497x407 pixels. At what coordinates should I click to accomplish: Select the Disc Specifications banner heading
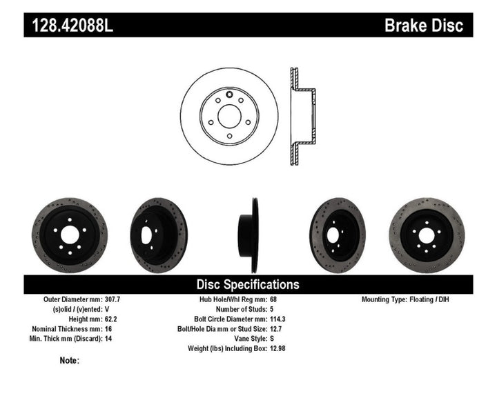(248, 284)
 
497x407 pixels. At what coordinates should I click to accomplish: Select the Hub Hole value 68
(273, 300)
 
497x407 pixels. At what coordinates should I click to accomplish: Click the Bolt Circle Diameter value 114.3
(278, 319)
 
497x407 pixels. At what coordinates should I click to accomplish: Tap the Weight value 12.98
(278, 348)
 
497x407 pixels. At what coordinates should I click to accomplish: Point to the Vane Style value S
(271, 339)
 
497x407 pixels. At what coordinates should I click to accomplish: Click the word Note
(69, 360)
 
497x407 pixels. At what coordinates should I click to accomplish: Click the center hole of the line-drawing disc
(228, 117)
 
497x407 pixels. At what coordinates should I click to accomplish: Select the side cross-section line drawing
(301, 117)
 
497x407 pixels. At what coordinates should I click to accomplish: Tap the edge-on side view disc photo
(248, 226)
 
